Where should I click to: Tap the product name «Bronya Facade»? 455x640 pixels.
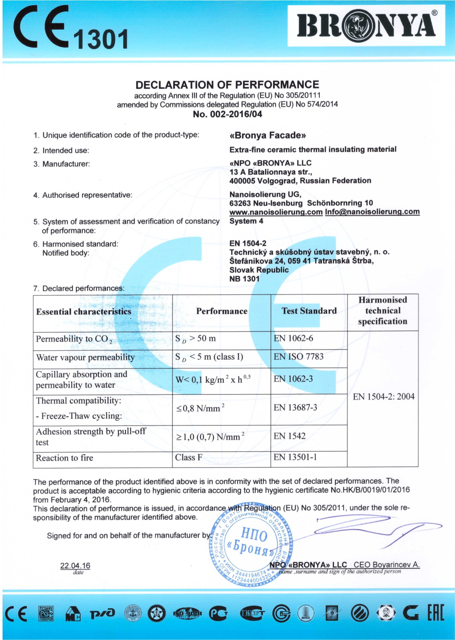coord(268,136)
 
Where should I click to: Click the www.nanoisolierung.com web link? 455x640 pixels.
coord(276,212)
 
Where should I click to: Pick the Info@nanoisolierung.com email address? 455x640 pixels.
coord(372,212)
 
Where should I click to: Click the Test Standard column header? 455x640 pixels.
coord(309,311)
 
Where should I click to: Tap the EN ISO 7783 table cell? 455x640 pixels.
coord(298,357)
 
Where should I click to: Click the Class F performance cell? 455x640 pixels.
coord(189,458)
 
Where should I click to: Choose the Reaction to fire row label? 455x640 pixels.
coord(64,458)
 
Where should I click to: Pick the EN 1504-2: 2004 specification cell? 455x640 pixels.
coord(383,396)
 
